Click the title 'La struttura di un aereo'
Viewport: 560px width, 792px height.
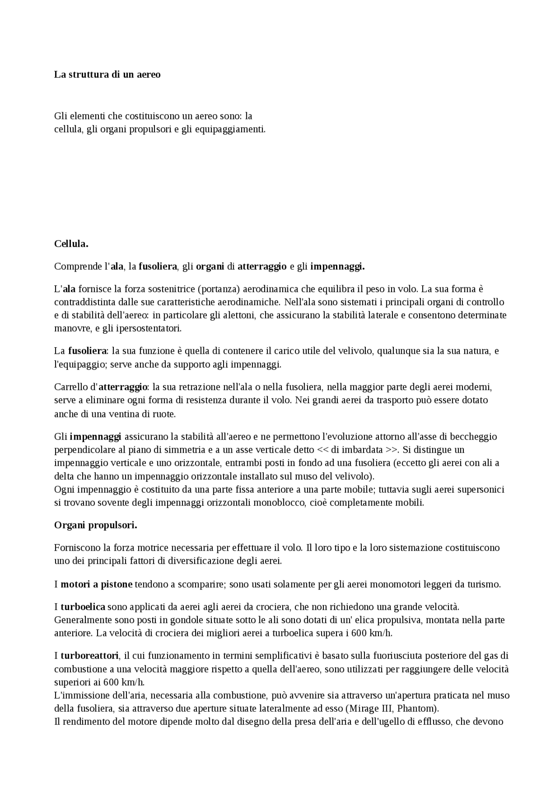click(107, 74)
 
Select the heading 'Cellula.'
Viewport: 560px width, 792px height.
click(71, 244)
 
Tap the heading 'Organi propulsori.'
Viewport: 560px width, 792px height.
click(95, 525)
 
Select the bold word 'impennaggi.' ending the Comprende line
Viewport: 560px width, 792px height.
click(337, 266)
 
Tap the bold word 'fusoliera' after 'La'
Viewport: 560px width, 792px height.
click(87, 351)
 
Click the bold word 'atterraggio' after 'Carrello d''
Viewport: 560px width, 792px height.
click(122, 387)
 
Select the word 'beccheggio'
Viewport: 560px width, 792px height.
click(475, 436)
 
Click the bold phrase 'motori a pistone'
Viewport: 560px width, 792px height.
click(96, 584)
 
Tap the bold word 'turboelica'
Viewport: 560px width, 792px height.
click(83, 607)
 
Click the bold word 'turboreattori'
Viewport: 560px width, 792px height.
click(89, 656)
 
